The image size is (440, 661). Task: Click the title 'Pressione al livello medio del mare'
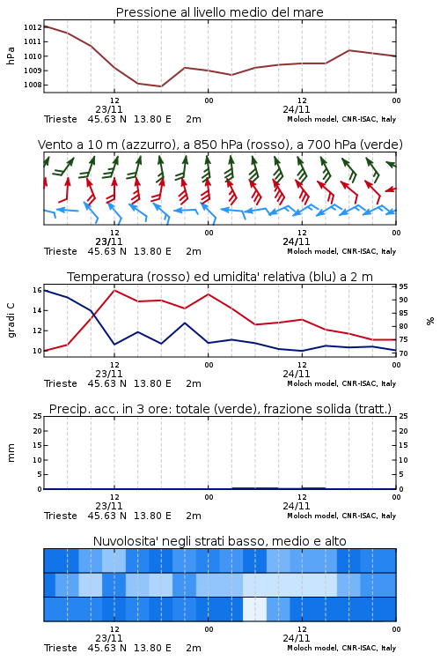[x=219, y=12]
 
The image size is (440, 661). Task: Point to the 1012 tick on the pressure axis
[x=33, y=27]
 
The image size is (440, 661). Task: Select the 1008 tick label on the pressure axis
[x=33, y=85]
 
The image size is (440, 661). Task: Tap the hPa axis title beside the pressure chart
[x=11, y=56]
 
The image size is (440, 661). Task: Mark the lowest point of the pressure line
[x=161, y=86]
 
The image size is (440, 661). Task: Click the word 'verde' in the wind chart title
[x=382, y=145]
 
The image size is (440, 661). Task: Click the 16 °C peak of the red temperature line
[x=114, y=290]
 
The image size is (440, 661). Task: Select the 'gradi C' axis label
[x=11, y=321]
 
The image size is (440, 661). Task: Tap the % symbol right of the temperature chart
[x=430, y=321]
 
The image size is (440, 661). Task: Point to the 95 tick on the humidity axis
[x=403, y=286]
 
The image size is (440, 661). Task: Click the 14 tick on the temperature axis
[x=37, y=311]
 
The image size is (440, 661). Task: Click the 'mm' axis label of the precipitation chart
[x=11, y=453]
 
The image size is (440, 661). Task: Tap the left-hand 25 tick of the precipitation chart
[x=37, y=416]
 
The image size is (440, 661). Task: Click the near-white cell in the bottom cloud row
[x=254, y=609]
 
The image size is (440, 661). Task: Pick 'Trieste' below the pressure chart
[x=61, y=119]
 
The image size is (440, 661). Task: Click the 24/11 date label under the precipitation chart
[x=297, y=506]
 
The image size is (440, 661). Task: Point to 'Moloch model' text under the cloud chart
[x=312, y=648]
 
